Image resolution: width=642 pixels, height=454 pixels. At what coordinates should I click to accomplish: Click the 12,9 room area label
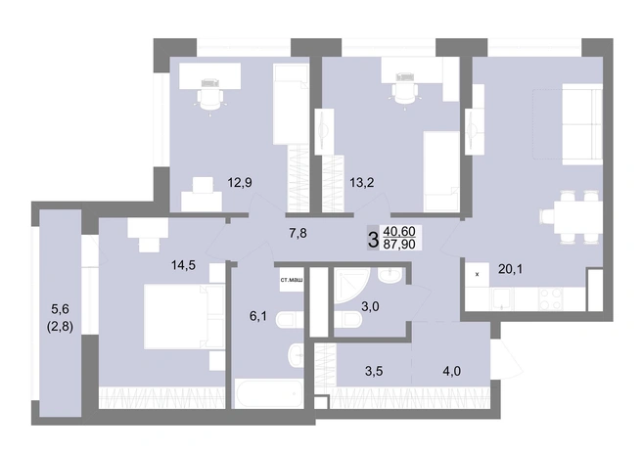(240, 182)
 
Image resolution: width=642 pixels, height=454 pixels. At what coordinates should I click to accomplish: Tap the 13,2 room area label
(362, 182)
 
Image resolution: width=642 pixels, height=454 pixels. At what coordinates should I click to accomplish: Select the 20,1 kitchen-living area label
(511, 269)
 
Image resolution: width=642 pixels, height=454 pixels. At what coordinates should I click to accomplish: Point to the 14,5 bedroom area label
(183, 265)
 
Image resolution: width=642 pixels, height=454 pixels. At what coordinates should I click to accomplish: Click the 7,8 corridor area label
(298, 233)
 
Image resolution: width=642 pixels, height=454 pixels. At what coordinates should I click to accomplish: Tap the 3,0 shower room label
(370, 306)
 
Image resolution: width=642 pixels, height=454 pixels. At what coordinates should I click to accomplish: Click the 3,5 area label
(374, 371)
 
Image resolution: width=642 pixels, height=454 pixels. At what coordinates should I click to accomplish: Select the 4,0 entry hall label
(452, 371)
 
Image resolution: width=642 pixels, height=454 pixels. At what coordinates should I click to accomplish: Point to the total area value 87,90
(398, 245)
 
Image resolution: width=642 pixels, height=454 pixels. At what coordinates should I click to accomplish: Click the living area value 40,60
(398, 232)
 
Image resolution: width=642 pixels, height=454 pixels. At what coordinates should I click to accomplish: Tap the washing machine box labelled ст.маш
(292, 280)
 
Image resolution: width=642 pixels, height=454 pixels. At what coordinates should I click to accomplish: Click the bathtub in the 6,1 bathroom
(268, 393)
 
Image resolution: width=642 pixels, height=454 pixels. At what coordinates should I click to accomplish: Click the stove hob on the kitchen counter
(551, 298)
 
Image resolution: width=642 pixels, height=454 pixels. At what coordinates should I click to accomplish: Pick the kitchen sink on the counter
(502, 298)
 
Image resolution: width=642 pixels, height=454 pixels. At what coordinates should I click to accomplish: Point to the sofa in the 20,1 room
(581, 124)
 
